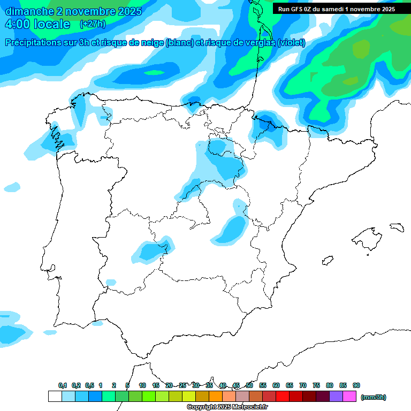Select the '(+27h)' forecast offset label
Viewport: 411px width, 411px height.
point(93,24)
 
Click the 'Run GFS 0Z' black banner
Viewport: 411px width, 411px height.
point(336,9)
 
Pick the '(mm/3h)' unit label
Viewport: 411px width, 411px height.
point(373,397)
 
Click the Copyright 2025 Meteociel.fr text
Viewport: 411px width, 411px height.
point(227,407)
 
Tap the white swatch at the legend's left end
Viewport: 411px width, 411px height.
point(55,397)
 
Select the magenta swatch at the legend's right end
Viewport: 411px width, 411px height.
point(349,397)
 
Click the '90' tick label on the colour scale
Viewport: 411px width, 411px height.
point(356,385)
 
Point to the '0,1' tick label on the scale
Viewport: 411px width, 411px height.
point(63,385)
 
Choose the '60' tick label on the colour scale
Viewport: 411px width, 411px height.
point(276,385)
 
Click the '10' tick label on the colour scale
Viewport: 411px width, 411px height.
point(142,385)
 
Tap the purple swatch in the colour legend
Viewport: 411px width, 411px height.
point(336,397)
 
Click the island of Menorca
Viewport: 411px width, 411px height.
point(396,227)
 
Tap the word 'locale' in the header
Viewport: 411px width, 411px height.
point(52,24)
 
